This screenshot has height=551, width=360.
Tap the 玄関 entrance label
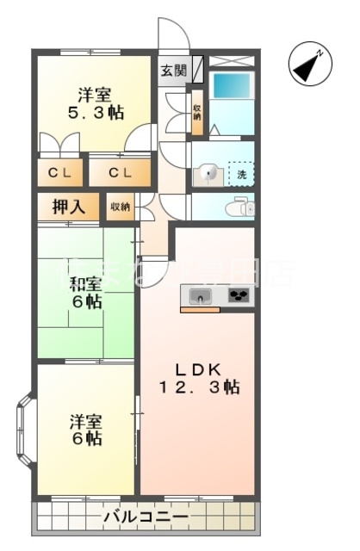[x=171, y=70]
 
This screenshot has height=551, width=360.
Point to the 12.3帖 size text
[x=199, y=387]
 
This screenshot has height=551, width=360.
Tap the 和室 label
[x=86, y=282]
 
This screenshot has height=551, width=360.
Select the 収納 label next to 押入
[x=120, y=207]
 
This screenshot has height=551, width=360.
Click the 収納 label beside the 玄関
[x=197, y=112]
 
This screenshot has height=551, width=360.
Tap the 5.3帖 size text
[x=95, y=113]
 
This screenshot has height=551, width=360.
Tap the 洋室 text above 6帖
[x=86, y=421]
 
